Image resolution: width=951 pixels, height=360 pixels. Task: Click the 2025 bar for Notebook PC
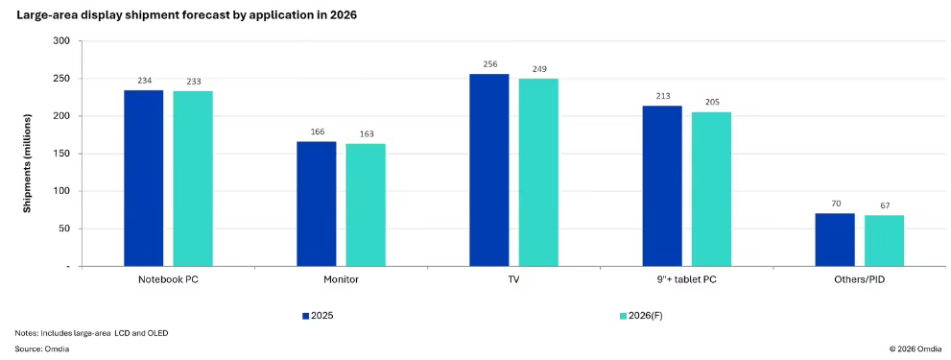click(144, 178)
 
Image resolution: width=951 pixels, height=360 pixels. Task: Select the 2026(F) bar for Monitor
click(366, 204)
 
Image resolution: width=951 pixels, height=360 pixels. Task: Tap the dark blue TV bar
click(489, 170)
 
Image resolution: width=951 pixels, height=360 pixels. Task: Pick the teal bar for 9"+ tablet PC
click(711, 189)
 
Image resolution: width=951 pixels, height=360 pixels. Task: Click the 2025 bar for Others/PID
click(835, 240)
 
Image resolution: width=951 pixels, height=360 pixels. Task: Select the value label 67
click(884, 205)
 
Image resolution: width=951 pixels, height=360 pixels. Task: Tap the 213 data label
click(662, 97)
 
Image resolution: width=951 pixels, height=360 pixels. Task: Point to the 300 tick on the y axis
click(62, 40)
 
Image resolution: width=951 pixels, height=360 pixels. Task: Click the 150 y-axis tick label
click(62, 154)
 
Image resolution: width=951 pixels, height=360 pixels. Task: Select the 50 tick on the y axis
click(65, 228)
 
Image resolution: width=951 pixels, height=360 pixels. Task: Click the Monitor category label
click(341, 281)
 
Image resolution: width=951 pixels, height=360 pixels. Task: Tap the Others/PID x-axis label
click(860, 281)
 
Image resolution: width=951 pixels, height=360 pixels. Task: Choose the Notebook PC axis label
click(168, 281)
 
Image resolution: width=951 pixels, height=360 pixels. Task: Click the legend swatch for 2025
click(306, 316)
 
